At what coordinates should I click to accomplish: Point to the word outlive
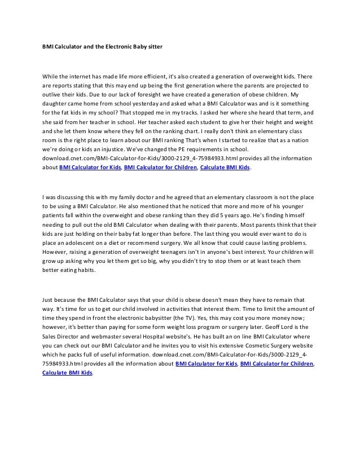pyautogui.click(x=52, y=95)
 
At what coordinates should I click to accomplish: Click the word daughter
pyautogui.click(x=57, y=104)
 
